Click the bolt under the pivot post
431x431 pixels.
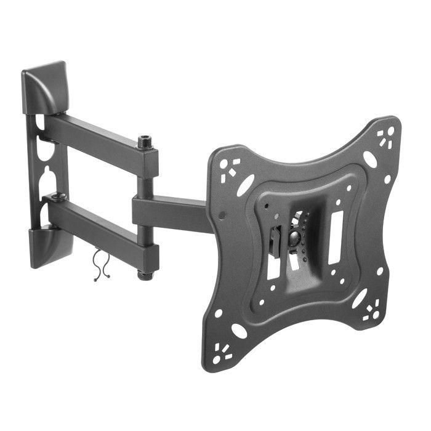(146, 275)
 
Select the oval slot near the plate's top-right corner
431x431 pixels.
(369, 159)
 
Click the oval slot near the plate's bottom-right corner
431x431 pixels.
(359, 298)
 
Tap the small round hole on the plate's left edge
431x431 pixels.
(222, 216)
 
